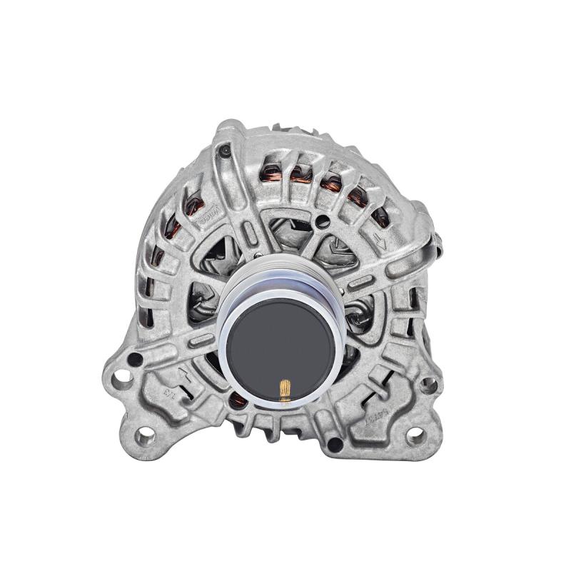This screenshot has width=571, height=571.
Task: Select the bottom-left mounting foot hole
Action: (x=146, y=434)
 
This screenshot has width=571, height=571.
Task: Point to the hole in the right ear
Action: (x=429, y=386)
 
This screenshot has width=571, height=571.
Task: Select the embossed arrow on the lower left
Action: (x=185, y=374)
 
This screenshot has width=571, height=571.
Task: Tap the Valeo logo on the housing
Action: (x=209, y=213)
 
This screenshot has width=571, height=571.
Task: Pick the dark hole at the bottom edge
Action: (x=333, y=444)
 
